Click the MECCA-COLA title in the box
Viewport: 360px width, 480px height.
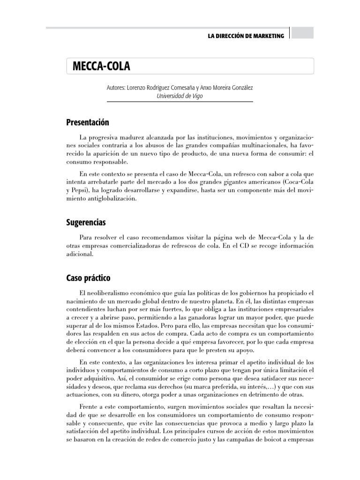point(101,67)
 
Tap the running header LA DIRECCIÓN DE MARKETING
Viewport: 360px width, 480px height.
point(246,36)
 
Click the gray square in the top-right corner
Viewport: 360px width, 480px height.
point(302,32)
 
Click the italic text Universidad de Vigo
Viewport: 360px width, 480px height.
point(180,96)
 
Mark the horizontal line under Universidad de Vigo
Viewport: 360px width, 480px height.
point(180,102)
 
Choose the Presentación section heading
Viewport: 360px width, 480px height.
point(87,122)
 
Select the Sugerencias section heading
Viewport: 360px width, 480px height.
point(86,222)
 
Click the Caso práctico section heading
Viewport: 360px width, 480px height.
point(88,278)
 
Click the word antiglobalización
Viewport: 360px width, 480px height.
point(110,199)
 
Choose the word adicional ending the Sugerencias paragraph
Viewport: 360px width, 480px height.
point(81,255)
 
